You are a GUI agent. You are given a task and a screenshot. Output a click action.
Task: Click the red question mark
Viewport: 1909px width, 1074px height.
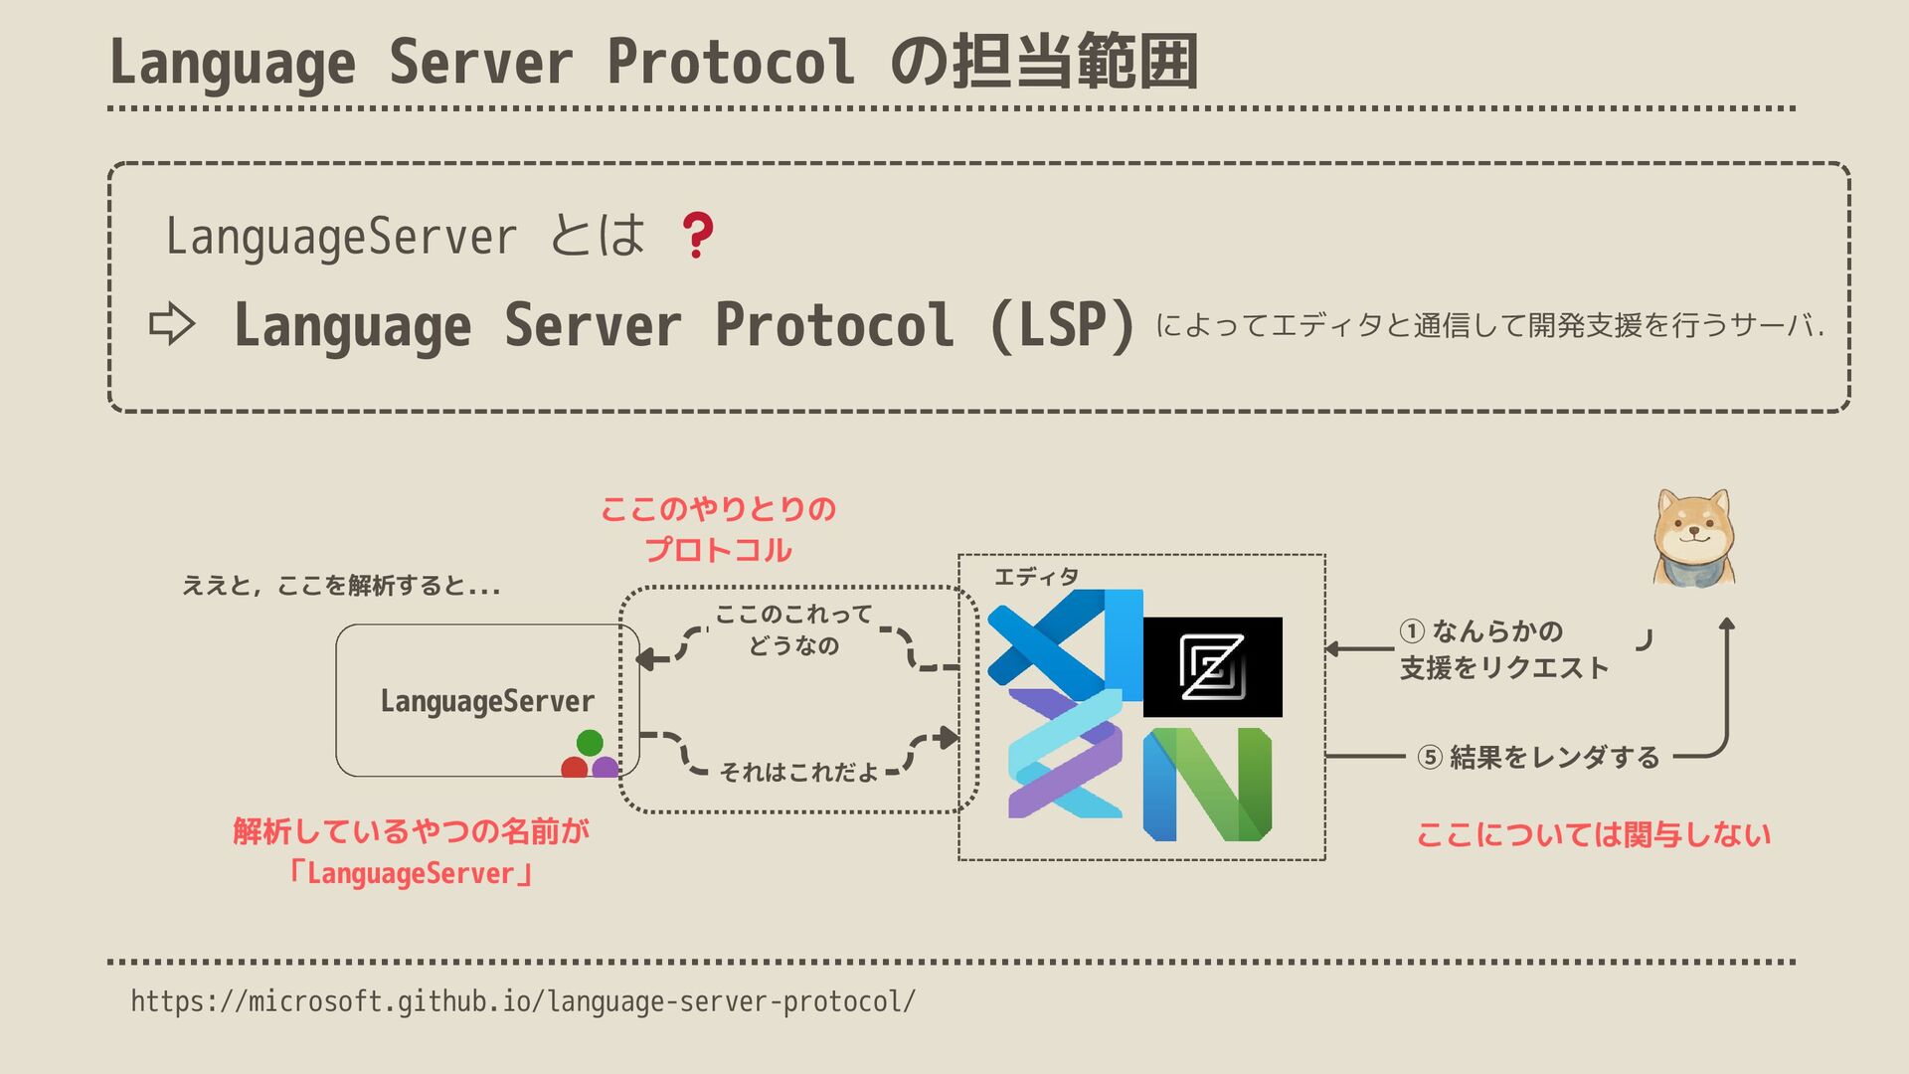click(697, 236)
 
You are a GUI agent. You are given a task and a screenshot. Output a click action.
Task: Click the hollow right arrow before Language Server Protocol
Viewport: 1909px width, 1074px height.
click(172, 324)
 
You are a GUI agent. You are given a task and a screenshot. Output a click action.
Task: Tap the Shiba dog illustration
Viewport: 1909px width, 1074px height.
click(1693, 538)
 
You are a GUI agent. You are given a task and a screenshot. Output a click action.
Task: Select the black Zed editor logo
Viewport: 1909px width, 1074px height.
click(1212, 666)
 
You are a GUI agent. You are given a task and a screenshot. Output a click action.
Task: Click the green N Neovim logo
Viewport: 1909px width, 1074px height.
click(1207, 784)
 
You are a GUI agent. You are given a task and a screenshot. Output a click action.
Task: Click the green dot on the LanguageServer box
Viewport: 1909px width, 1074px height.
click(590, 742)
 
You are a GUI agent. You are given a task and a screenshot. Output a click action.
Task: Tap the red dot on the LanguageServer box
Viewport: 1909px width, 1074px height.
click(575, 768)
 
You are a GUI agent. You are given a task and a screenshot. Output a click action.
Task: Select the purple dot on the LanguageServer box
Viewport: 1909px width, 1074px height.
click(605, 768)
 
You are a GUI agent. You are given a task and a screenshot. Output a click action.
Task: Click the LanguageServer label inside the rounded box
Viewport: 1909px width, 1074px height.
click(487, 701)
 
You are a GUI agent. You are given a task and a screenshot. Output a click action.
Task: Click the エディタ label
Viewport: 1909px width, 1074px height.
click(1036, 577)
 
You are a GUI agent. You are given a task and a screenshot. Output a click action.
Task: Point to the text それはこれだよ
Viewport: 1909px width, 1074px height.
click(798, 772)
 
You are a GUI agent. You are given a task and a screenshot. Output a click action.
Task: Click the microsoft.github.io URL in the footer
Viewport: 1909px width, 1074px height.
click(523, 1000)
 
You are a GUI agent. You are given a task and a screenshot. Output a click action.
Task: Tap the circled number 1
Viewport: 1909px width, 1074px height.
click(1412, 631)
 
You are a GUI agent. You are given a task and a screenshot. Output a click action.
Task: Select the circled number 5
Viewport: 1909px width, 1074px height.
click(1430, 758)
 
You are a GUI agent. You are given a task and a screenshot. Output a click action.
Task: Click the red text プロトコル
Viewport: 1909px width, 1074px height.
click(718, 550)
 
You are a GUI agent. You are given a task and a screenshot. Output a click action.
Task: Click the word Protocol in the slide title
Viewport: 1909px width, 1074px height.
click(731, 62)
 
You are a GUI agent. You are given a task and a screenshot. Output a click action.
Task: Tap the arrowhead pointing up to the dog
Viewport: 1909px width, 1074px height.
click(1727, 625)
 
